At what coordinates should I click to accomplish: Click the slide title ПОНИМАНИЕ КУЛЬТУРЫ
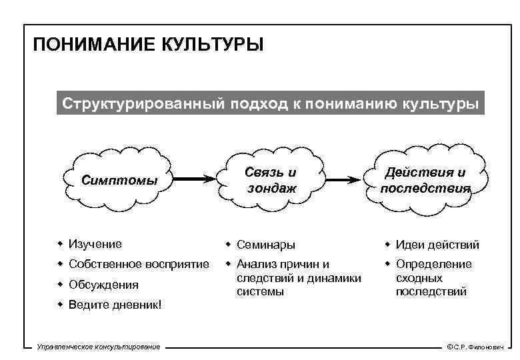coord(149,45)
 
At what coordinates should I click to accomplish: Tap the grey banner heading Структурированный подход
coord(270,104)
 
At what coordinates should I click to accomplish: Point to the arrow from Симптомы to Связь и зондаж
coord(193,179)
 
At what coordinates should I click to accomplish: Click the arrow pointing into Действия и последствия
coord(347,179)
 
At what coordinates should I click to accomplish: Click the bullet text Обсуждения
coord(103,285)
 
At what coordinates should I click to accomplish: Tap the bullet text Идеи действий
coord(437,245)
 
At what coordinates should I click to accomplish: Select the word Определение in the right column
coord(433,264)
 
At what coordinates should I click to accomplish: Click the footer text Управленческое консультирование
coord(98,347)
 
